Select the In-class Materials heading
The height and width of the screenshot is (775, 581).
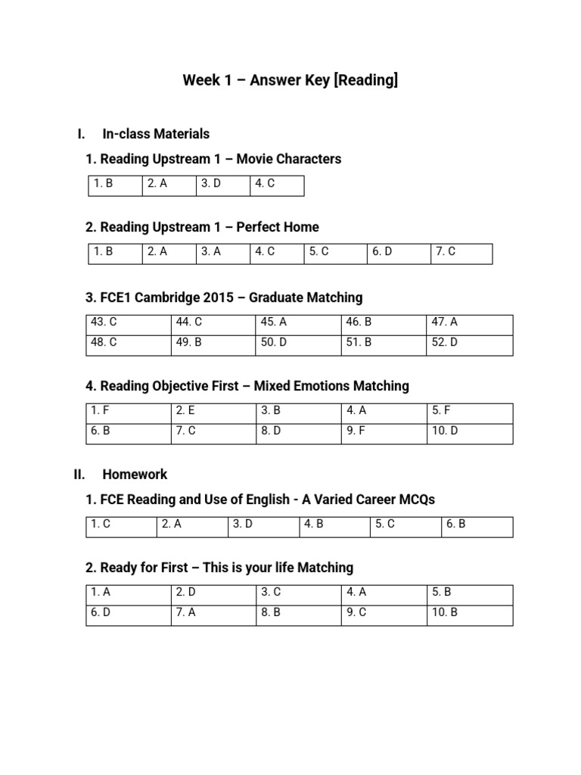[x=155, y=134]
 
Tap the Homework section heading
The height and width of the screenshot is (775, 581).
[x=135, y=474]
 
